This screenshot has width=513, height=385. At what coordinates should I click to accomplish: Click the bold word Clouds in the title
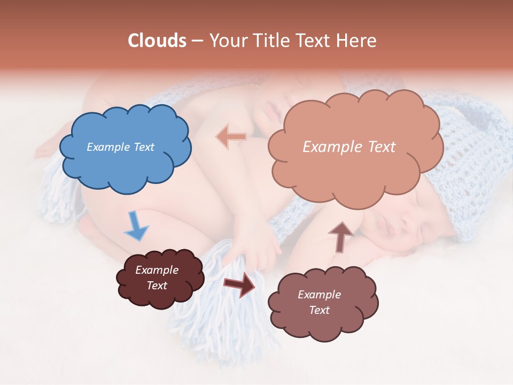(x=157, y=41)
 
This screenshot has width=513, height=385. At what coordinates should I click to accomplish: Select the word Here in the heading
(x=356, y=41)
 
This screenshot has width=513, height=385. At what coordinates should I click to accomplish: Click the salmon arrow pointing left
(x=231, y=137)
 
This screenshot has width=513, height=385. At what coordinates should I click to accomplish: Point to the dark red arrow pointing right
(x=239, y=283)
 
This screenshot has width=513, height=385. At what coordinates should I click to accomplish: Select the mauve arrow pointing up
(x=340, y=236)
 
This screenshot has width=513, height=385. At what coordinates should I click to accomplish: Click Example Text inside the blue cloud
(x=120, y=147)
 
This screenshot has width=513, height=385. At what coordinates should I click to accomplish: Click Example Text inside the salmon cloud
(x=349, y=147)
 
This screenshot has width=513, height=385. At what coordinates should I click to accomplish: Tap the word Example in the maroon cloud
(x=157, y=270)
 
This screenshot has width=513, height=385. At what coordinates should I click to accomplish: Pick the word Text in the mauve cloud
(x=319, y=310)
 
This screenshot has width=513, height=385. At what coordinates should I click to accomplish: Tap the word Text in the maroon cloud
(x=157, y=286)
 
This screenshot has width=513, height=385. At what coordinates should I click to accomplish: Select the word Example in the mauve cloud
(x=319, y=295)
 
